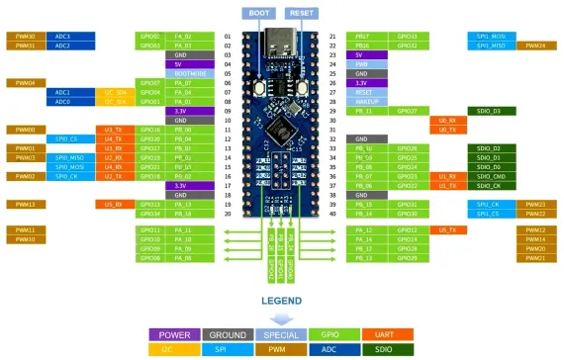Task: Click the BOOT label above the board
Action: click(x=259, y=14)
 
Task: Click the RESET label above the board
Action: click(x=302, y=14)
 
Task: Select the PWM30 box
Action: click(x=26, y=36)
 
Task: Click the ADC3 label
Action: click(x=62, y=36)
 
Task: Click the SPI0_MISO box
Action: click(x=69, y=157)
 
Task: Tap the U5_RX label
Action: click(x=115, y=204)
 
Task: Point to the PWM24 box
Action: click(x=535, y=45)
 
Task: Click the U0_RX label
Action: click(x=446, y=120)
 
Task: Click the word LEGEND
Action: click(x=282, y=300)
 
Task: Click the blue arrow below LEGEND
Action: click(x=282, y=317)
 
